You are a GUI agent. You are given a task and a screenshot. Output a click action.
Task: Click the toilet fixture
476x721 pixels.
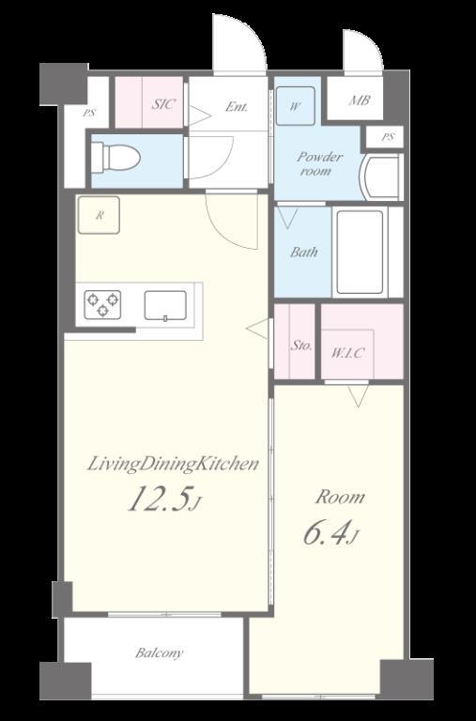115,158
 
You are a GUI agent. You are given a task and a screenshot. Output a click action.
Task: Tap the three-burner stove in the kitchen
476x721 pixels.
102,304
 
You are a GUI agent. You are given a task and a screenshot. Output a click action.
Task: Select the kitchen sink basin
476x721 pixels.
165,305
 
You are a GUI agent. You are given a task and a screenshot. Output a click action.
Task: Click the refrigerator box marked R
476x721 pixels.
99,215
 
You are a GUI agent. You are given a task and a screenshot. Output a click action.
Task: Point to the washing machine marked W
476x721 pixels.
295,106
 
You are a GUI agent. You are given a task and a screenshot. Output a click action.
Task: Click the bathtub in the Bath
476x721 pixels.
361,252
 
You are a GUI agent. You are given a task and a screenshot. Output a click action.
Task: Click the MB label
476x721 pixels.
360,100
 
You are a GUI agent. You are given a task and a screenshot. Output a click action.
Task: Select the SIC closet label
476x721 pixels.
163,104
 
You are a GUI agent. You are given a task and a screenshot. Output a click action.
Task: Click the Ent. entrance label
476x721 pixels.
237,107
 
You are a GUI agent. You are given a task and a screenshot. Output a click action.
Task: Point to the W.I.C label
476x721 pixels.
348,353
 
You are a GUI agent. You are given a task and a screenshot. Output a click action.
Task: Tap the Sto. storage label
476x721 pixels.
301,345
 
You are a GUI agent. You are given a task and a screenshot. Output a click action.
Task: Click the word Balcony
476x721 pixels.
159,653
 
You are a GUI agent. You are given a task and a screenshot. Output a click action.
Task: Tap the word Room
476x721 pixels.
340,497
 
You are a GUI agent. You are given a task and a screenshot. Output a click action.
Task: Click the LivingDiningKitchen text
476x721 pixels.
173,464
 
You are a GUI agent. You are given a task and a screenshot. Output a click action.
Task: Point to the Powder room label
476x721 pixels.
319,163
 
